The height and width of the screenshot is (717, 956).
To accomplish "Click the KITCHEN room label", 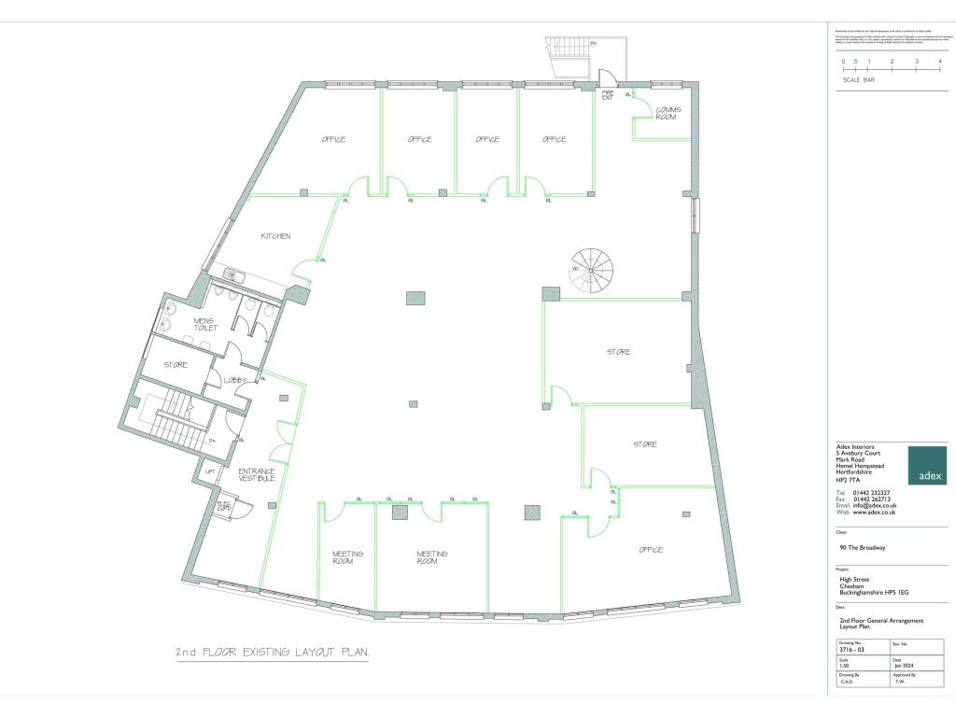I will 275,236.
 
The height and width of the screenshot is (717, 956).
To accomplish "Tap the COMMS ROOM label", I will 668,113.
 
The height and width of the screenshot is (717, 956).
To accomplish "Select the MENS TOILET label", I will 204,324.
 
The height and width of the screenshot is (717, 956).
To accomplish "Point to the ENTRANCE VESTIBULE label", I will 257,474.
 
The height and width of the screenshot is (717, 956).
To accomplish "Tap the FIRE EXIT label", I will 607,95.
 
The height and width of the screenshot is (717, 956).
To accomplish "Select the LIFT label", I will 211,472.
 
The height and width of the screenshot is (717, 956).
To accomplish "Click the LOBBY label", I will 233,380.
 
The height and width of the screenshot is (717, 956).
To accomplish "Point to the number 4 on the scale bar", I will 939,62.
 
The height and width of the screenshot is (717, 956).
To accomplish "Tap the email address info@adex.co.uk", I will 874,505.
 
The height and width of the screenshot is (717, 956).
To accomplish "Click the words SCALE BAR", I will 858,80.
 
